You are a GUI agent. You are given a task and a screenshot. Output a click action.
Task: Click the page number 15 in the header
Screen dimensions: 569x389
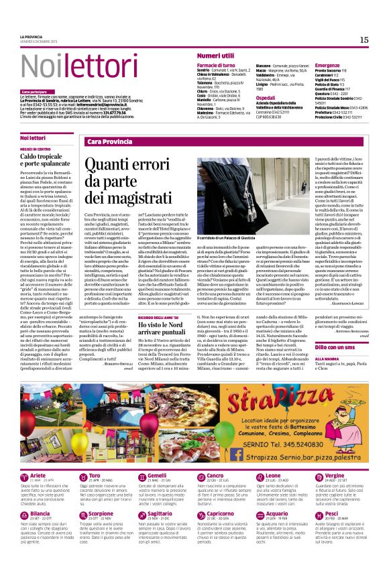pyautogui.click(x=364, y=40)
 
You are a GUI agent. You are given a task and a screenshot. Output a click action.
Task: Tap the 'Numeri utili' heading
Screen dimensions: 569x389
pyautogui.click(x=216, y=55)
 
